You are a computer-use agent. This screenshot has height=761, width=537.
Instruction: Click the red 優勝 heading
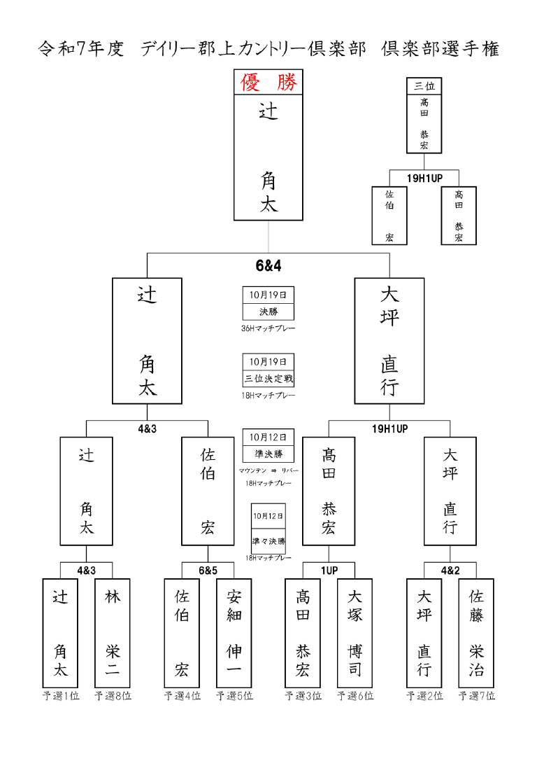[x=268, y=83]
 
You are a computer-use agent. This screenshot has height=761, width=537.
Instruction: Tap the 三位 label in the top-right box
[x=424, y=86]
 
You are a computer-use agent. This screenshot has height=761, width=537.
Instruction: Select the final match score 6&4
[x=268, y=266]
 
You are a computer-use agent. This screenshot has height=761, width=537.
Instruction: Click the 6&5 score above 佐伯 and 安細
[x=208, y=571]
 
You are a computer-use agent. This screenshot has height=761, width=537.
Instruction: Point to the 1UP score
[x=329, y=571]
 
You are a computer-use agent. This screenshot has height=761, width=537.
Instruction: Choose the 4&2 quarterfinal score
[x=450, y=571]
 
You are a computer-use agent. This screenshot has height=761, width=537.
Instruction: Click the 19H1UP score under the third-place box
[x=424, y=178]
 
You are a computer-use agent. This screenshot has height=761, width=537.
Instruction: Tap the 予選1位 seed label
[x=60, y=696]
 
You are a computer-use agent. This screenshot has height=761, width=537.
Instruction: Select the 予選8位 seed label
[x=113, y=696]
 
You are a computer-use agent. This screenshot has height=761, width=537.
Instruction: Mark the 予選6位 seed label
[x=355, y=696]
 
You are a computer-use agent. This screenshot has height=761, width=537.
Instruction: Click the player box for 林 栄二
[x=113, y=633]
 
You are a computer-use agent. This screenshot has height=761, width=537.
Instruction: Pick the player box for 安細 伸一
[x=234, y=633]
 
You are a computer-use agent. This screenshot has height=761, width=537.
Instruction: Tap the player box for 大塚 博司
[x=355, y=633]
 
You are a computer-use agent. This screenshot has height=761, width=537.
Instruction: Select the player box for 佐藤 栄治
[x=476, y=633]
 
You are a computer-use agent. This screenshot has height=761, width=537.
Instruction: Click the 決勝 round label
[x=268, y=312]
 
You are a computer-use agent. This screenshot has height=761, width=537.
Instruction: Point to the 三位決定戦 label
[x=268, y=379]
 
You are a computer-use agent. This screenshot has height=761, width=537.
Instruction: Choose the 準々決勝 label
[x=268, y=540]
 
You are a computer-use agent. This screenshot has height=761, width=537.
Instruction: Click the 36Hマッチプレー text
[x=268, y=328]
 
